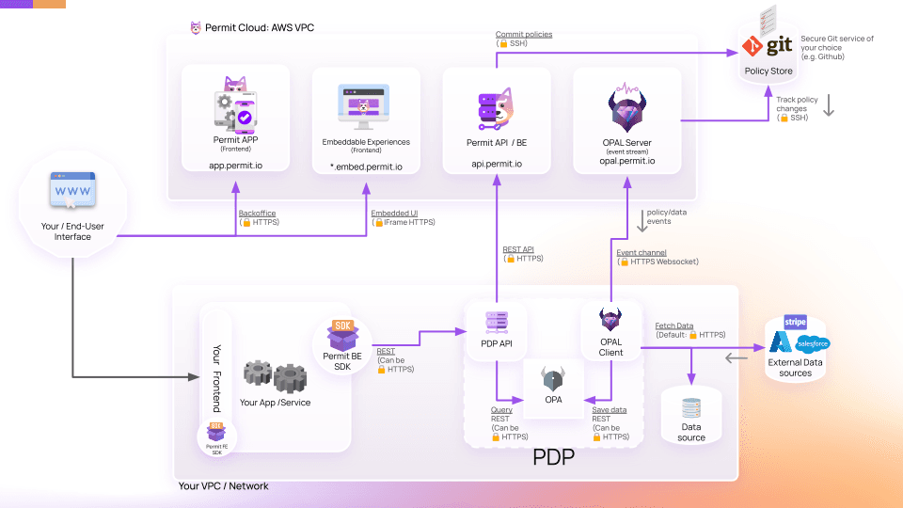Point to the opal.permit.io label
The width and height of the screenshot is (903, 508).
click(626, 161)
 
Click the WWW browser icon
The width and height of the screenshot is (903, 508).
click(71, 192)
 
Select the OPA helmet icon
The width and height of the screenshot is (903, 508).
click(553, 380)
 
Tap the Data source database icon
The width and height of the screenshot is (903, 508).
click(691, 408)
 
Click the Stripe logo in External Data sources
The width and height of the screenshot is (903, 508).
click(795, 322)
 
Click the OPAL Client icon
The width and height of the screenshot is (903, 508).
click(610, 321)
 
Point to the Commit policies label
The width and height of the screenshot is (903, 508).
click(524, 35)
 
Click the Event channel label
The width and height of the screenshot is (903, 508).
click(641, 252)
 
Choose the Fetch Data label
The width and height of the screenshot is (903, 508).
click(673, 325)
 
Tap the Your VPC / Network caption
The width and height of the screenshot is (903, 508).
click(223, 486)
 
